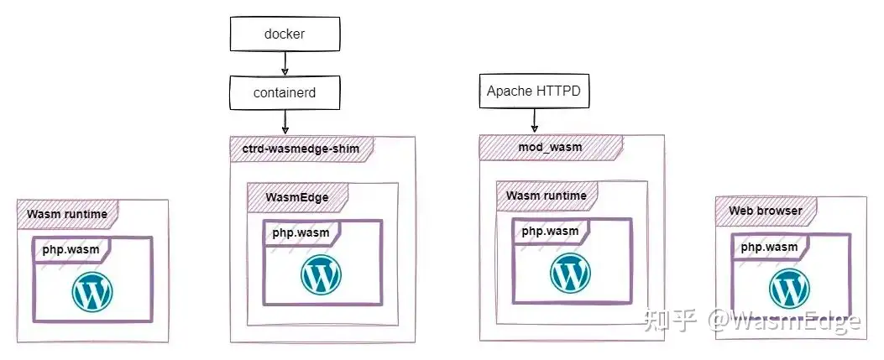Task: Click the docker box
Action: (x=285, y=34)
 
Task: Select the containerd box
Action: (x=285, y=93)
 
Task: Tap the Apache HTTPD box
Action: (x=534, y=91)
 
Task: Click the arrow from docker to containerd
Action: (x=285, y=64)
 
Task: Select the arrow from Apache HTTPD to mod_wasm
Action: (x=534, y=121)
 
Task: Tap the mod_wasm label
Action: (x=550, y=147)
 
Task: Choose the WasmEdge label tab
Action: (x=297, y=197)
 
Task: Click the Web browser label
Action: (x=766, y=211)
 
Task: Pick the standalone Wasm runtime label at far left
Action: (x=67, y=214)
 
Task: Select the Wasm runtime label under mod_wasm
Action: (x=547, y=196)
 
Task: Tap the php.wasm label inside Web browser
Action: (x=769, y=247)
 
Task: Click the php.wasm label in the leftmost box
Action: (x=71, y=249)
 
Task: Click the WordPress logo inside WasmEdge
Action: (x=321, y=274)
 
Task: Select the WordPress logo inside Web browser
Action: (x=789, y=289)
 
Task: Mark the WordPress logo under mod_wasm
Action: (x=571, y=274)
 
